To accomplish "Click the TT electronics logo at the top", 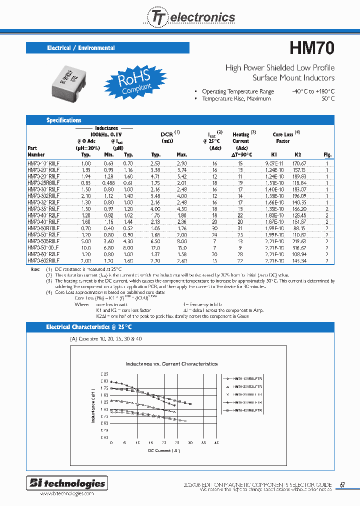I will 189,17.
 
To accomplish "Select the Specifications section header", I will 64,120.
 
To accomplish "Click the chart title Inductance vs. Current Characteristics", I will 171,364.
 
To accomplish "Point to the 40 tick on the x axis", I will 216,443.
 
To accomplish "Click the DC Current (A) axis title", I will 163,451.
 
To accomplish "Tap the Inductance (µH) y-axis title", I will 93,405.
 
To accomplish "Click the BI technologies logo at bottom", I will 67,483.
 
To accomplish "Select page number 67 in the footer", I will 342,484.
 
